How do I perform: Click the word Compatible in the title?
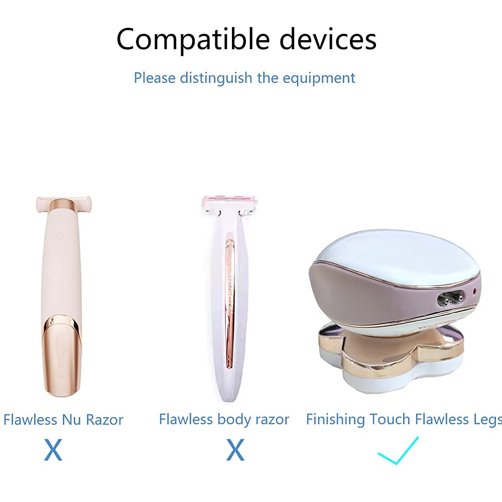pyautogui.click(x=193, y=40)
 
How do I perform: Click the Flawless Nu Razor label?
pyautogui.click(x=63, y=420)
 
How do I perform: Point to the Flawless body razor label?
pyautogui.click(x=224, y=420)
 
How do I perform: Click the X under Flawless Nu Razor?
pyautogui.click(x=53, y=450)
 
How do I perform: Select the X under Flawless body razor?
pyautogui.click(x=235, y=450)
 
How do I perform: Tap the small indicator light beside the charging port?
pyautogui.click(x=474, y=290)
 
